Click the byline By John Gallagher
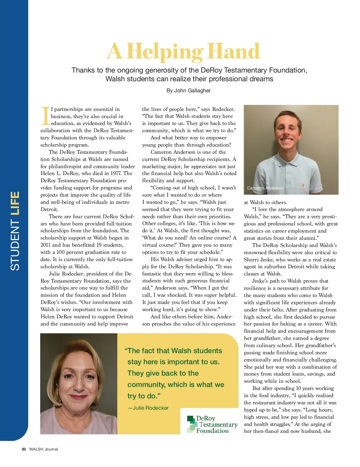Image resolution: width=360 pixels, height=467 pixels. click(188, 91)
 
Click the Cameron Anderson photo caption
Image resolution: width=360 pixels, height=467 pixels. click(265, 188)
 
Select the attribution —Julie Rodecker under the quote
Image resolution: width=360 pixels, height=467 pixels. click(148, 408)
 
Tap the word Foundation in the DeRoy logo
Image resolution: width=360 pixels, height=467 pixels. click(212, 431)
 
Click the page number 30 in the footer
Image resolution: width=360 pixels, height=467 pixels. click(24, 449)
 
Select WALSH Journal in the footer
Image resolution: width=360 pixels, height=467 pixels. click(43, 449)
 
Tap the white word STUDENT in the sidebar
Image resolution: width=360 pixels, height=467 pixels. click(15, 245)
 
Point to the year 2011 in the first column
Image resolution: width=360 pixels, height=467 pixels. click(46, 245)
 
